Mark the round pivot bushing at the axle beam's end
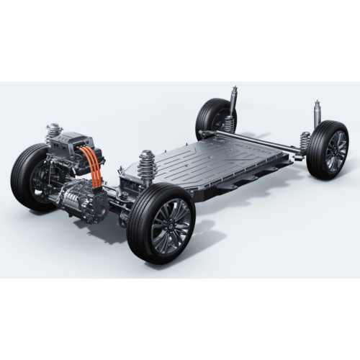click(x=206, y=134)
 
